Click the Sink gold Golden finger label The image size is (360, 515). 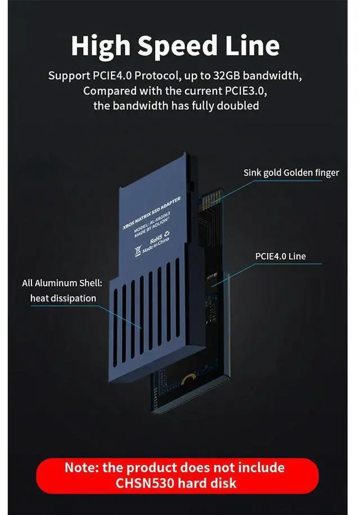pyautogui.click(x=291, y=173)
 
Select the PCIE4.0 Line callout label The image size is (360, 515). pyautogui.click(x=280, y=256)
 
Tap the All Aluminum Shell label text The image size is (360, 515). pyautogui.click(x=62, y=283)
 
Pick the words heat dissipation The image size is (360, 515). pyautogui.click(x=63, y=298)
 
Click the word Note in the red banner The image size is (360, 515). pyautogui.click(x=83, y=467)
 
